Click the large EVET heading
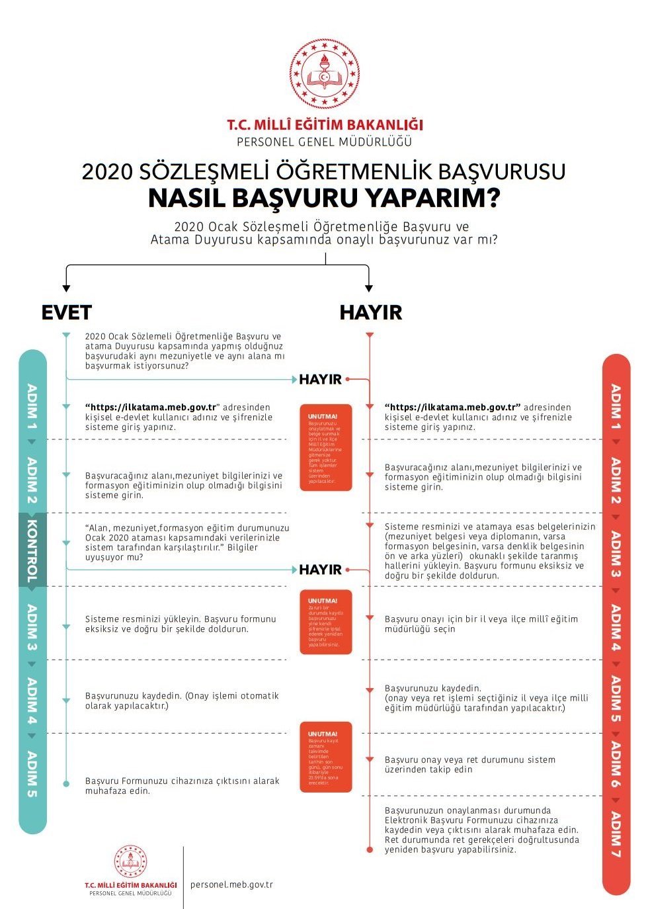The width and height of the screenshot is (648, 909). (66, 312)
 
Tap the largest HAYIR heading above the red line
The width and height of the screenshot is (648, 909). (370, 312)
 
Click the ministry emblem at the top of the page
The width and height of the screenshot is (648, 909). (324, 74)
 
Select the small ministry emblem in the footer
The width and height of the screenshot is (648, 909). (130, 861)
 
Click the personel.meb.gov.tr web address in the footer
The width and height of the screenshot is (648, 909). (231, 885)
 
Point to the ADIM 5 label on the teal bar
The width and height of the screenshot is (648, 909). (32, 774)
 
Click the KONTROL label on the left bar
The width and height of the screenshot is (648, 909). (32, 550)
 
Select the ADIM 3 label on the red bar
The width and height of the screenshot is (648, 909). (616, 554)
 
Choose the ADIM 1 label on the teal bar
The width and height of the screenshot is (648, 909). (32, 406)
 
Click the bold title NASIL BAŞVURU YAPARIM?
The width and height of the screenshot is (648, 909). (324, 198)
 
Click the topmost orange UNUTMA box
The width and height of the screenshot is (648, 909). (325, 448)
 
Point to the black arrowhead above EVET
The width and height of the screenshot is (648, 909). (66, 288)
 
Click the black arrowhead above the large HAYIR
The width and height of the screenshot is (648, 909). (369, 288)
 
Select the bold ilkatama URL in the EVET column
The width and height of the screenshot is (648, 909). (151, 408)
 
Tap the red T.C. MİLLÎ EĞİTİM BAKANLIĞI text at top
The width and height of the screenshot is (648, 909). (324, 125)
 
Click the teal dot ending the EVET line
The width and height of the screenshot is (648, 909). (66, 784)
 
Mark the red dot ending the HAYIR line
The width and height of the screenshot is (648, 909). (370, 849)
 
